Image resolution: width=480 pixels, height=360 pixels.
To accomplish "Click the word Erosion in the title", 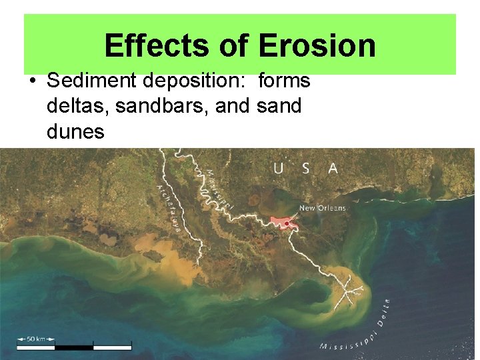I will click(x=317, y=46).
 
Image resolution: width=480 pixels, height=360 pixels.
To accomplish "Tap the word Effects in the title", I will click(x=155, y=46).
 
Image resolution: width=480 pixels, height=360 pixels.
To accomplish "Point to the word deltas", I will click(x=78, y=106).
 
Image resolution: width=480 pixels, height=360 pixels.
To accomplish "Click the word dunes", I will click(x=75, y=131).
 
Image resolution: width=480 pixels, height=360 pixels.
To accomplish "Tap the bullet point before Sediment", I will click(x=33, y=81).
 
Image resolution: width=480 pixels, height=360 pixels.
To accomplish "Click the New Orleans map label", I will click(x=323, y=208).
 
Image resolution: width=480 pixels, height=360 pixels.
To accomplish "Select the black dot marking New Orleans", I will click(x=287, y=223).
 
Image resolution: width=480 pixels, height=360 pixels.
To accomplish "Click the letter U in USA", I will click(x=278, y=169).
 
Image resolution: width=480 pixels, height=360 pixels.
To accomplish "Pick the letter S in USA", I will click(x=305, y=169).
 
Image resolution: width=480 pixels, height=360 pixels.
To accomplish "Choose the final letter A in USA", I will click(x=333, y=169).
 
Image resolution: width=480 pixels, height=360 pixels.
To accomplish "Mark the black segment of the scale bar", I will click(x=73, y=347).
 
